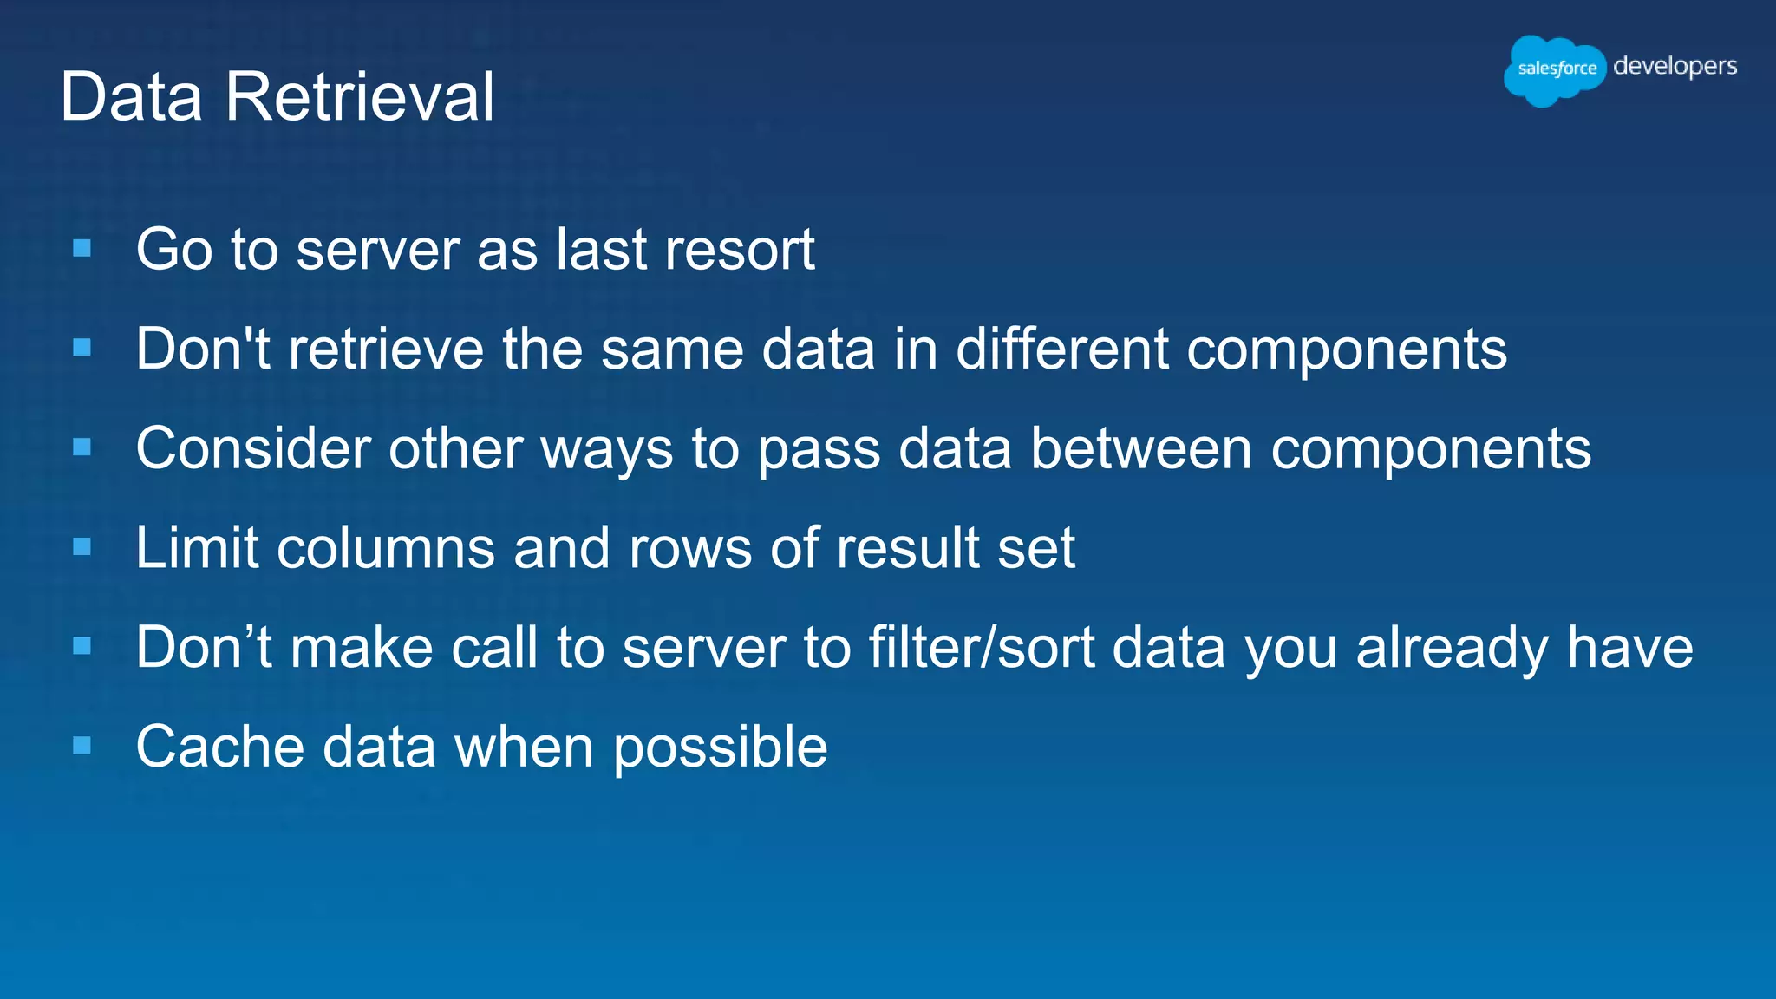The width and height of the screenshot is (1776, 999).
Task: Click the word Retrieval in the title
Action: (x=359, y=96)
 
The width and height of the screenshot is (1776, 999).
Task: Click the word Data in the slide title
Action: (x=131, y=96)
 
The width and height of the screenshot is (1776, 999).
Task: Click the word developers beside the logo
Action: (x=1675, y=67)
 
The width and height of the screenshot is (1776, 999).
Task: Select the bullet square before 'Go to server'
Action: (x=82, y=249)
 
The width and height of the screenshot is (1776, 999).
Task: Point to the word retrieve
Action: (x=386, y=349)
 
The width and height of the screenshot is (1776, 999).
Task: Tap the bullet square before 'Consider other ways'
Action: (x=82, y=447)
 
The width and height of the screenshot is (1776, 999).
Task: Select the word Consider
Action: (x=253, y=449)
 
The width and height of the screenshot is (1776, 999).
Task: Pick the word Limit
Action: (x=197, y=548)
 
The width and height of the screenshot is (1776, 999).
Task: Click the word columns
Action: (x=385, y=548)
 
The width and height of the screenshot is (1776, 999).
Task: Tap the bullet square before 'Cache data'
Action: (x=82, y=746)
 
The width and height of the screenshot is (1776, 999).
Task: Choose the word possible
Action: (x=720, y=748)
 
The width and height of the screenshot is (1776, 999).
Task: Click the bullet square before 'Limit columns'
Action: (x=82, y=547)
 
